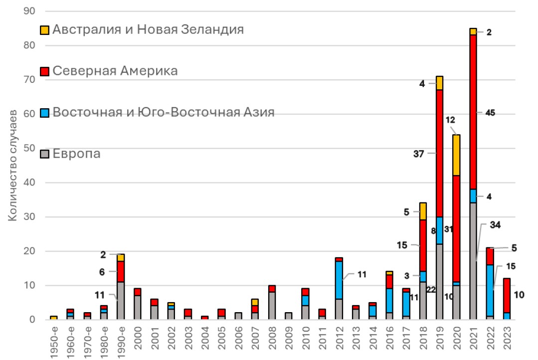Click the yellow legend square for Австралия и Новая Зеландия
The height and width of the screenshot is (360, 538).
(44, 29)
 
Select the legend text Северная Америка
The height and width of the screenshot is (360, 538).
(115, 71)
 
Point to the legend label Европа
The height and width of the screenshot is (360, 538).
(76, 153)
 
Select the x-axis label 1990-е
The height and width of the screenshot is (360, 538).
(120, 341)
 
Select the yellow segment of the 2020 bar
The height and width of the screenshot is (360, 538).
(456, 155)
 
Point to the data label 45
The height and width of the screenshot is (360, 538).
(490, 113)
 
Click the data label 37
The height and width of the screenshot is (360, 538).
(418, 154)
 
